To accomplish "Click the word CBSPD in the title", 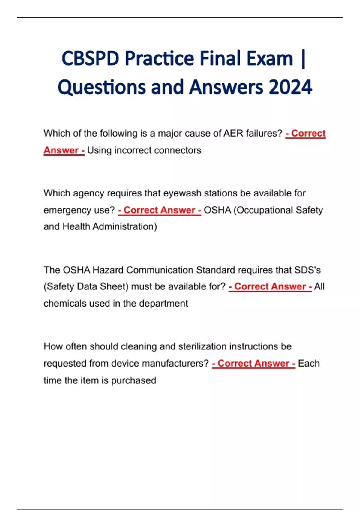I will [90, 58].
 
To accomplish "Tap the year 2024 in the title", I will [290, 87].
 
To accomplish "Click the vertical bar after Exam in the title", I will [303, 59].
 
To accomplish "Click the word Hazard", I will [108, 270].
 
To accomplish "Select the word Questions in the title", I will [102, 87].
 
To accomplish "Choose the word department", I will [163, 304].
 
